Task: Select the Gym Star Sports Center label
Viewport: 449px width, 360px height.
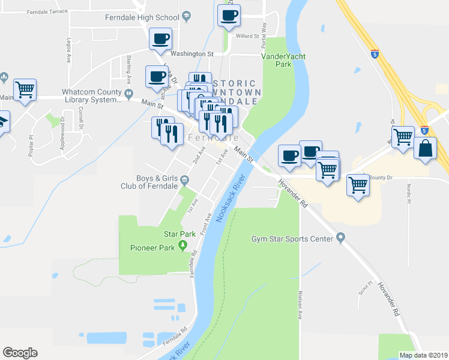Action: (292, 239)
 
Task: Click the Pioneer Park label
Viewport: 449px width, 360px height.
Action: (152, 247)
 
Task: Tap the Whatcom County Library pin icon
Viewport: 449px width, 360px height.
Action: (128, 93)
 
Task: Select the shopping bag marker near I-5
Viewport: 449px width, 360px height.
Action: (425, 148)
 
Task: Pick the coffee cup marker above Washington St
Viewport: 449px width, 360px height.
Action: (160, 40)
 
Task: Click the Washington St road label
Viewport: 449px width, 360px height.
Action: (192, 54)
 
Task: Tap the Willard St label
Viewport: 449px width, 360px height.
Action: (247, 36)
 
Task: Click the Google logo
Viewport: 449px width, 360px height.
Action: (20, 353)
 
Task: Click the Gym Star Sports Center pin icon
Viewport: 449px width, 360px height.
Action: (341, 238)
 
